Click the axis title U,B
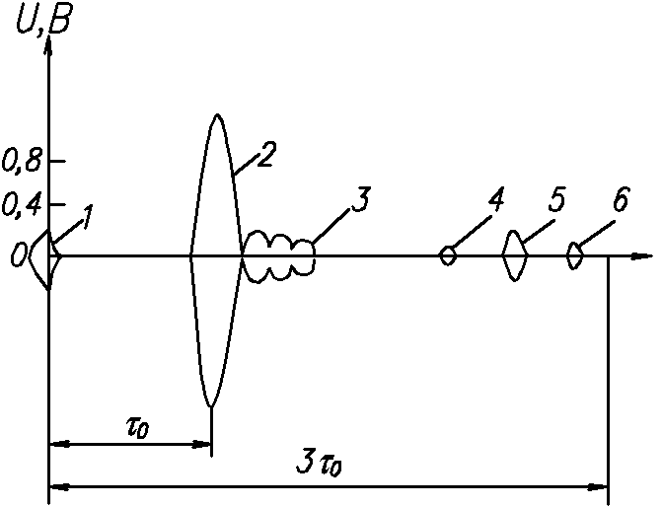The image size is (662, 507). pyautogui.click(x=40, y=20)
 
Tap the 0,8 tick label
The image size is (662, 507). pyautogui.click(x=22, y=161)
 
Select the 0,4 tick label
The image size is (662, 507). pyautogui.click(x=22, y=205)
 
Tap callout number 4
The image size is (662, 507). pyautogui.click(x=496, y=202)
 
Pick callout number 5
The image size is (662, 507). pyautogui.click(x=557, y=202)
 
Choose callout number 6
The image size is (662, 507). pyautogui.click(x=620, y=202)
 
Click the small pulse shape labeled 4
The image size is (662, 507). pyautogui.click(x=448, y=255)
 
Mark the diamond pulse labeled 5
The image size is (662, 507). pyautogui.click(x=514, y=255)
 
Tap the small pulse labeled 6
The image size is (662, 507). pyautogui.click(x=574, y=256)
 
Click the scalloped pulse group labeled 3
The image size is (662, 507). pyautogui.click(x=279, y=256)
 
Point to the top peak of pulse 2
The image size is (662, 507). pyautogui.click(x=216, y=116)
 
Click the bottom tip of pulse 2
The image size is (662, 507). pyautogui.click(x=210, y=404)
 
